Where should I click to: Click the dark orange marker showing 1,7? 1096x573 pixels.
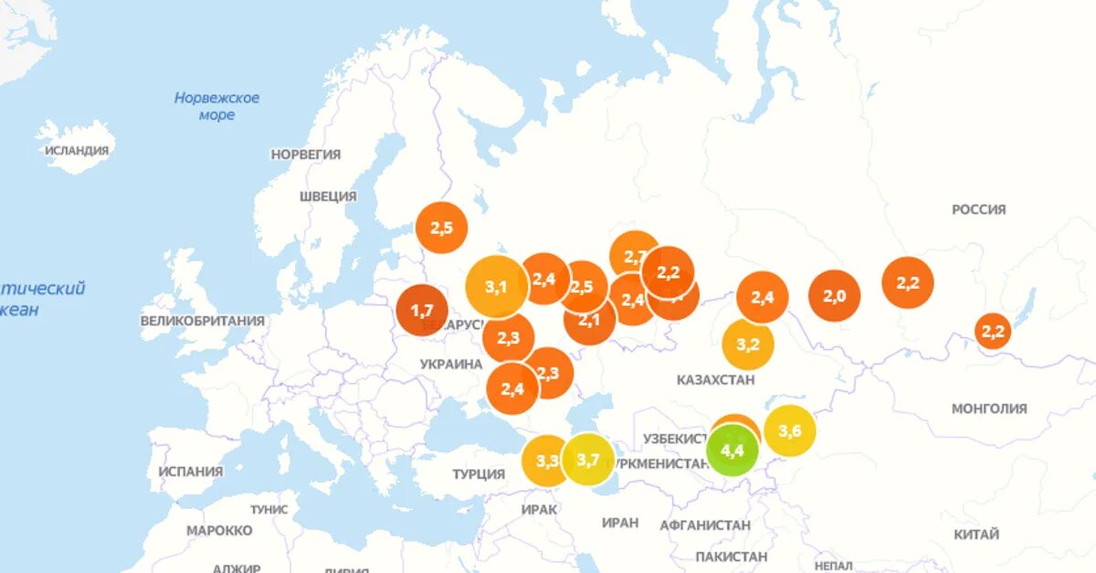click(421, 312)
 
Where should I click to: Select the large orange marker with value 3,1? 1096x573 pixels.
click(495, 287)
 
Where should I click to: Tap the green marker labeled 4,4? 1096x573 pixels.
click(732, 451)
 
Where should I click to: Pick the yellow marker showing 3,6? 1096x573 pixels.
click(790, 430)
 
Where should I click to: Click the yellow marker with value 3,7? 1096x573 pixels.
click(588, 460)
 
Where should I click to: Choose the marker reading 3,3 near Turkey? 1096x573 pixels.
click(546, 461)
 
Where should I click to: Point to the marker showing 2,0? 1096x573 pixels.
click(835, 296)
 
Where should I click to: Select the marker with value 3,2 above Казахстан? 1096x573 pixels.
click(748, 345)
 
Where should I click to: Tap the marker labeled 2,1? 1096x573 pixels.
click(589, 320)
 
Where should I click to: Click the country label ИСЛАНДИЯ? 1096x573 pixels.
click(77, 151)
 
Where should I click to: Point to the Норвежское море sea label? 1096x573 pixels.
click(216, 106)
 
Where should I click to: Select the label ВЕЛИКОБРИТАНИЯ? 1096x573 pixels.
click(202, 321)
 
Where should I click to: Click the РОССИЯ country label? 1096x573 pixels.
click(978, 209)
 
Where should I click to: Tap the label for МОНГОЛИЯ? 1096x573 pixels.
click(989, 409)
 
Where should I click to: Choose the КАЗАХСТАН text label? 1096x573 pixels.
click(716, 379)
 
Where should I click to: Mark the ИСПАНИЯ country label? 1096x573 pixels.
click(190, 472)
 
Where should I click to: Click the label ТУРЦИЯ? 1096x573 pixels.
click(479, 473)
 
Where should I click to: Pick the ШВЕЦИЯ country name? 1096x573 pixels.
click(328, 196)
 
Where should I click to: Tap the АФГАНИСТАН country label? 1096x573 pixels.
click(704, 525)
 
